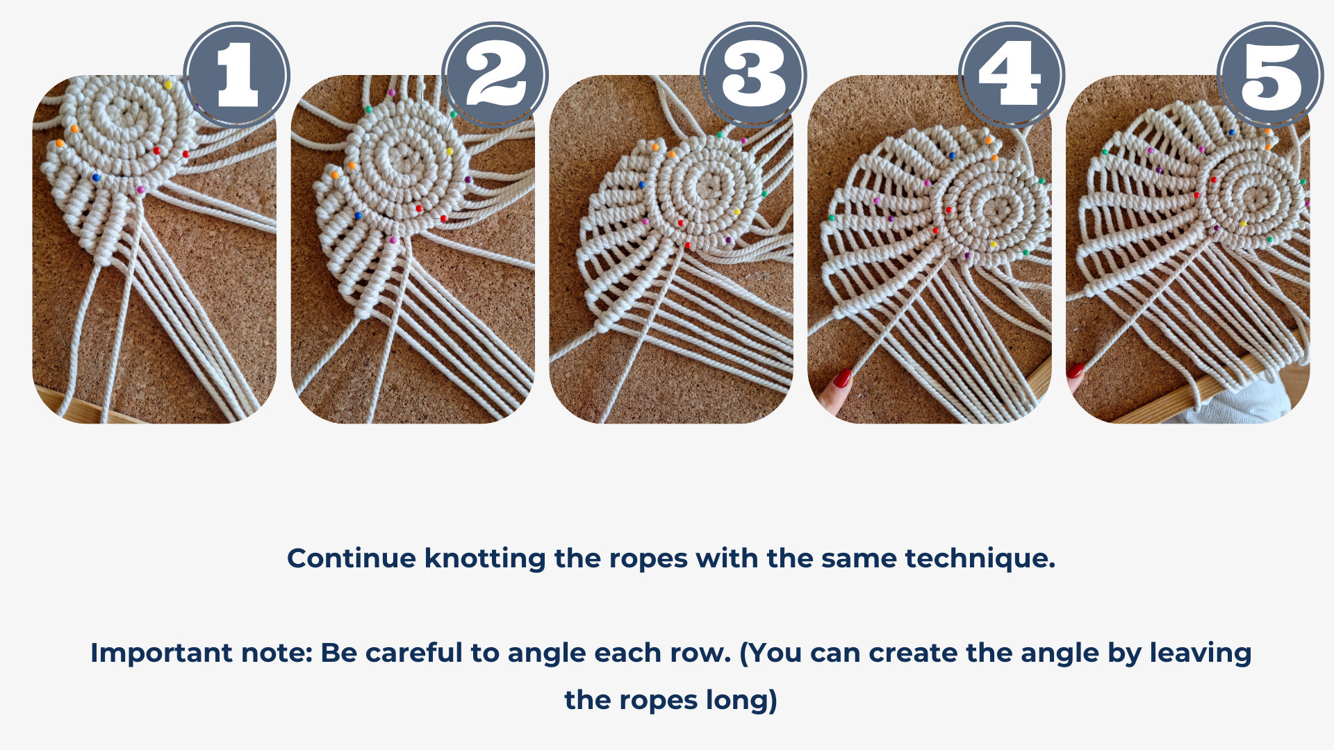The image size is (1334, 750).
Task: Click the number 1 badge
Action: click(x=237, y=75)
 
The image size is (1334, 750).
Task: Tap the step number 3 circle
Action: click(x=753, y=75)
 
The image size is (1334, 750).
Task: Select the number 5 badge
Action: click(x=1270, y=75)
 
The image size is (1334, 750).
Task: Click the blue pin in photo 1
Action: click(x=96, y=178)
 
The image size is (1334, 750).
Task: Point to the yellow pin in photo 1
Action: click(x=168, y=85)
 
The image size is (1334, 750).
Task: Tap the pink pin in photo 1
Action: click(x=140, y=189)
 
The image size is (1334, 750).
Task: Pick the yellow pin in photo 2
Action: click(x=450, y=151)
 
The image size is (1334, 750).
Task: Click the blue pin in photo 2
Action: click(x=359, y=216)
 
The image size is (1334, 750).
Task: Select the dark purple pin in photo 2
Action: click(x=468, y=180)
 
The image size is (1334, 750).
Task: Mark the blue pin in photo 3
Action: click(x=641, y=185)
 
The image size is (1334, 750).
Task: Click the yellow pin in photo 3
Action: click(x=736, y=212)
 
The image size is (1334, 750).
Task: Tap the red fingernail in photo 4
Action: click(x=842, y=378)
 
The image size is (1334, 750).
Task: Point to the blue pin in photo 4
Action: click(x=952, y=156)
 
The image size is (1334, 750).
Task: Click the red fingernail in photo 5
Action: click(x=1076, y=369)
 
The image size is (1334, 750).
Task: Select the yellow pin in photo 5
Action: click(x=1242, y=224)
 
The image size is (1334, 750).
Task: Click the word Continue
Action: click(x=352, y=558)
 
